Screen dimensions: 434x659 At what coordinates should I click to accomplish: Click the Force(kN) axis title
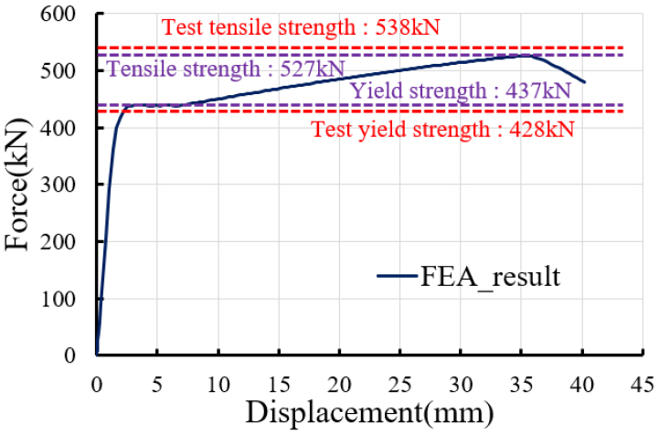(x=20, y=185)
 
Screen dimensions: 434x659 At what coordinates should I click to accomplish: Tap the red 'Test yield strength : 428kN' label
(x=443, y=129)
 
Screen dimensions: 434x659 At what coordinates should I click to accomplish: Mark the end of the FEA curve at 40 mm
(x=584, y=82)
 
